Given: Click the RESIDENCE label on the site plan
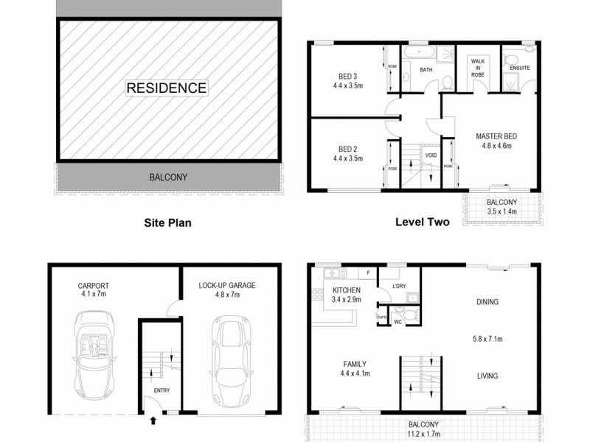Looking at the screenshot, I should point(167,88).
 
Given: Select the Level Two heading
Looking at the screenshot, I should point(423,220).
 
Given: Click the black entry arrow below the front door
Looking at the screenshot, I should point(153,421).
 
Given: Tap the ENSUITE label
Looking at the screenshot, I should point(519,69).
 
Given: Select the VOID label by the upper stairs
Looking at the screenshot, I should point(431,155).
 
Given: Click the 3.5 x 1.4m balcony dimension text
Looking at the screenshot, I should point(502,211).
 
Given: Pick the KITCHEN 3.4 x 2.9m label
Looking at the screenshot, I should point(346,295).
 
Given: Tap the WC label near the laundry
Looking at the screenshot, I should point(398,322).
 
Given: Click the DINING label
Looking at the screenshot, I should point(487,302).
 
